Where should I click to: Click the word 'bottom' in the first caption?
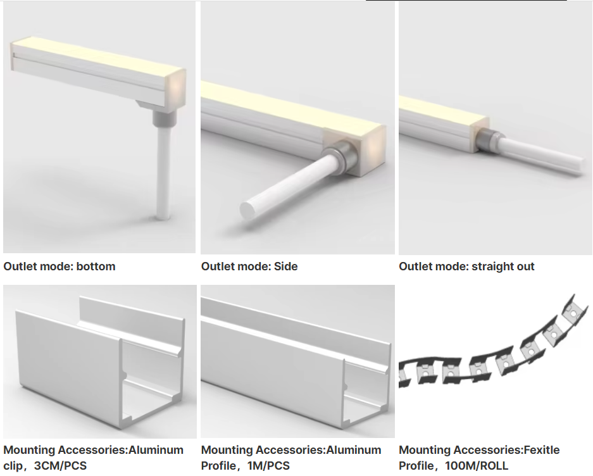[x=96, y=266]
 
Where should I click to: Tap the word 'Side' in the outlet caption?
[x=285, y=266]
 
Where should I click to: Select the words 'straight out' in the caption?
[x=503, y=266]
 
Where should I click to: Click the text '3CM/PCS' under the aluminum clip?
[x=61, y=465]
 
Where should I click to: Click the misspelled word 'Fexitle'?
[x=541, y=450]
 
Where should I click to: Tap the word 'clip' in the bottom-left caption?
[x=13, y=466]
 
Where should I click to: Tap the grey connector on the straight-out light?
[x=488, y=138]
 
